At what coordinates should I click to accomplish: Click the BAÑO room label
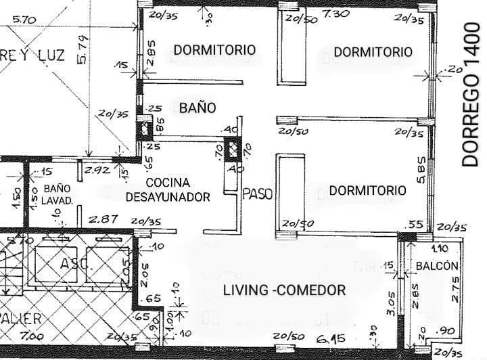(198, 108)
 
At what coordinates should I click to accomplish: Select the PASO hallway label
(257, 194)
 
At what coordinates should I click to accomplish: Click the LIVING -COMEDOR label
(285, 290)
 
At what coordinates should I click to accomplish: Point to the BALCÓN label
(438, 266)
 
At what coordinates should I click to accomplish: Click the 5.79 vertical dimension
(82, 51)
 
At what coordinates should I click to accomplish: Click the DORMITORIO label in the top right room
(373, 51)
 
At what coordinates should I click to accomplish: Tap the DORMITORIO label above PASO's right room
(367, 191)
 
